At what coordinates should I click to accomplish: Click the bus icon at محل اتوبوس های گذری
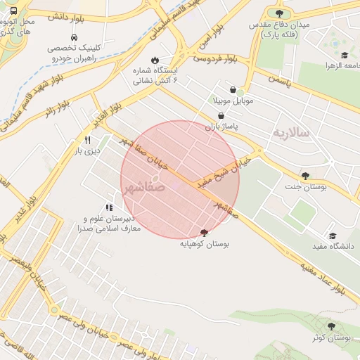pos(14,12)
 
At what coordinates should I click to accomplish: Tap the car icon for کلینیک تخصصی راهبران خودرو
pos(74,37)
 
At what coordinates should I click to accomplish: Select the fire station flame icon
pos(155,60)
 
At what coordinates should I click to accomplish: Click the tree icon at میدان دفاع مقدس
pos(279,13)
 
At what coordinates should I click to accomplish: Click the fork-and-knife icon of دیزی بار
pos(87,140)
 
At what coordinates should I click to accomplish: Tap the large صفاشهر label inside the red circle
pos(144,188)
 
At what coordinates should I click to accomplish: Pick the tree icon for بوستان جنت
pos(304,175)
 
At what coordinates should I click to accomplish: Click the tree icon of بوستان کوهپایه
pos(204,233)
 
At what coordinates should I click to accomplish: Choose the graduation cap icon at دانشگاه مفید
pos(333,236)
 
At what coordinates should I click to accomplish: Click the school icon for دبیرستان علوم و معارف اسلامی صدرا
pos(109,207)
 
